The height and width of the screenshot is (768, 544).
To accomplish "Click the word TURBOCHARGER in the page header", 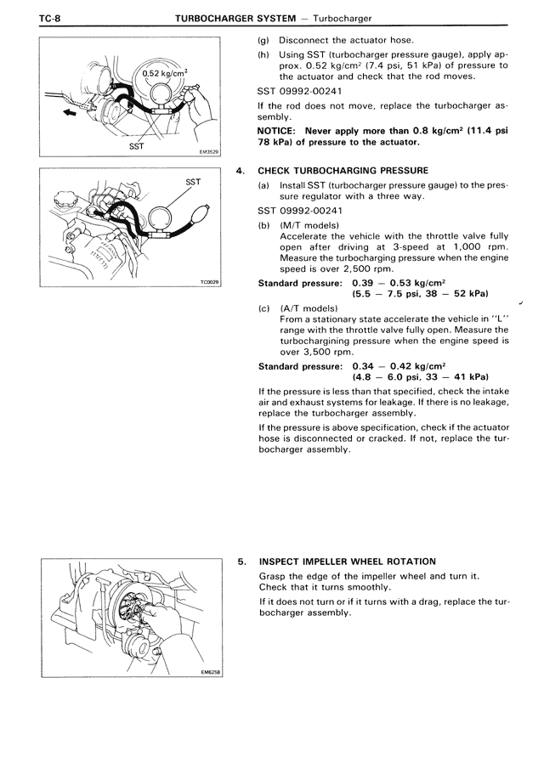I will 212,18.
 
